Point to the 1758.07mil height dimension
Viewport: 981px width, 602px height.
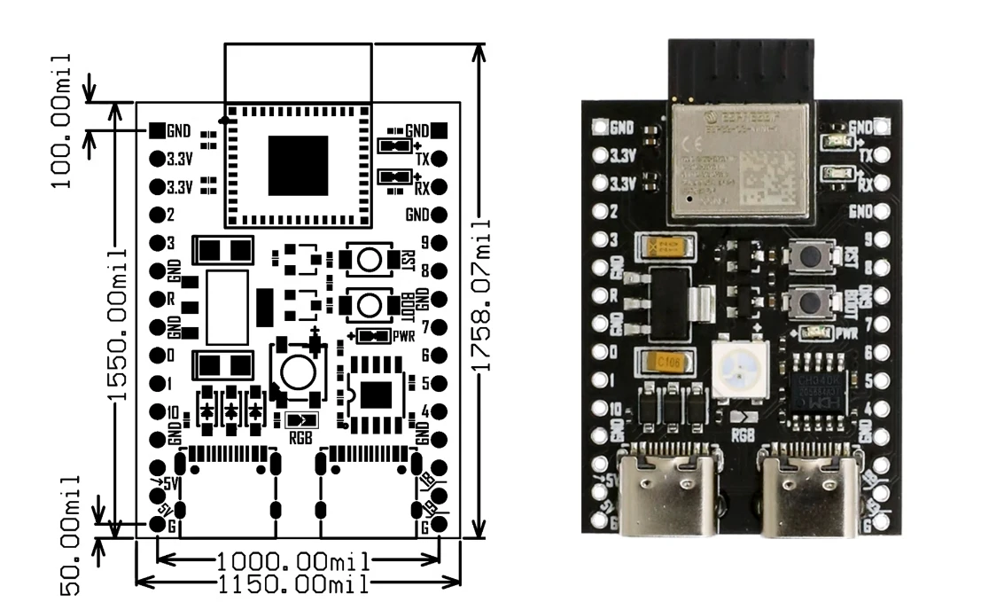pyautogui.click(x=480, y=293)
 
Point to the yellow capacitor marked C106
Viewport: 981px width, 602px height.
pyautogui.click(x=664, y=362)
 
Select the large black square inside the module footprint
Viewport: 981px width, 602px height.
pyautogui.click(x=298, y=166)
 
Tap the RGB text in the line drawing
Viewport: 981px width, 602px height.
pyautogui.click(x=300, y=435)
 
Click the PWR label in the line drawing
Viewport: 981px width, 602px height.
pyautogui.click(x=405, y=336)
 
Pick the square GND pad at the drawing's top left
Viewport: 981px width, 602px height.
pyautogui.click(x=157, y=130)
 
